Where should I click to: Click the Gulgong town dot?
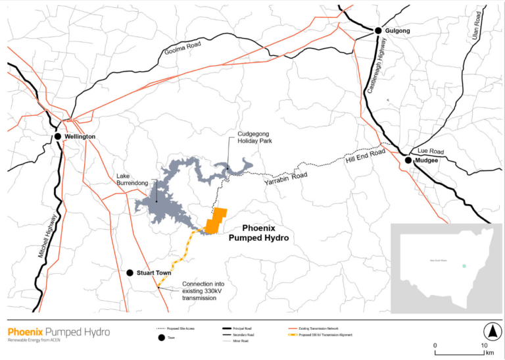(378, 31)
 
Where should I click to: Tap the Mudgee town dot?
(408, 160)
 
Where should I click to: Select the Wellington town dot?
(58, 136)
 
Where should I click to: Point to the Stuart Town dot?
(130, 272)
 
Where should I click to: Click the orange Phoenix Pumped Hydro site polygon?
(216, 220)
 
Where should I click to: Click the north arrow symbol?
(490, 330)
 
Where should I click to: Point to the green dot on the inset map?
(464, 266)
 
